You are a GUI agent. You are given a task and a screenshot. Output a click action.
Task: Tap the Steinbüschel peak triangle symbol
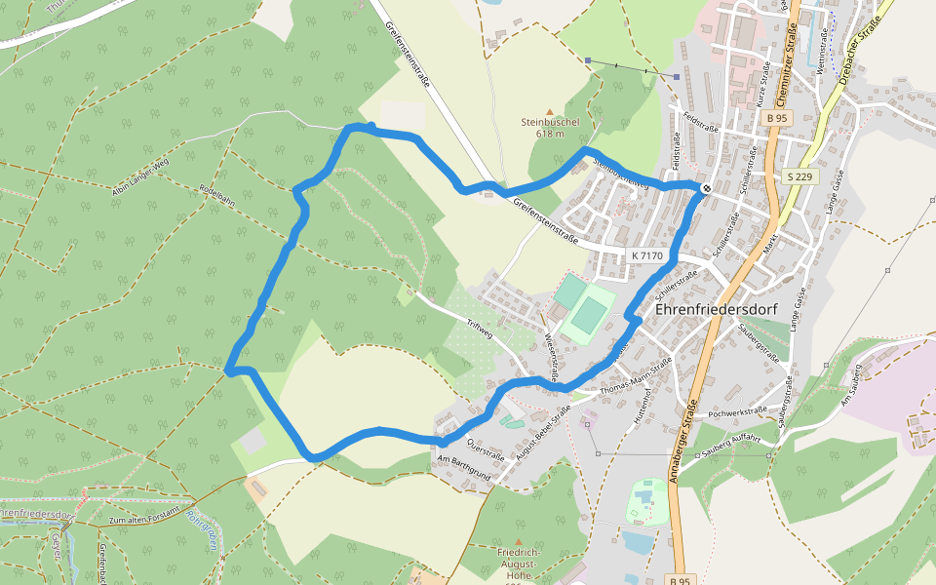tap(550, 111)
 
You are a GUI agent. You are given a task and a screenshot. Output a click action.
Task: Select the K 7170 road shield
tap(646, 255)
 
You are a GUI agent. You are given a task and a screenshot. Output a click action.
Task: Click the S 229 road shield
tap(799, 176)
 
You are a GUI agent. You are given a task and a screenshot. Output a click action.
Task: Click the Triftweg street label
tap(481, 331)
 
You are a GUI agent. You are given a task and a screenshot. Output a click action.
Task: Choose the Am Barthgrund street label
tap(463, 467)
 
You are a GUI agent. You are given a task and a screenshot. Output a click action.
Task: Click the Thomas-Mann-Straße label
tap(637, 377)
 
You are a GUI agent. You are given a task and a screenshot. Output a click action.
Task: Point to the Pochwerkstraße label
tap(740, 413)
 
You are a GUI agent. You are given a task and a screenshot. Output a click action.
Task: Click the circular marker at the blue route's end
tap(706, 187)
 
